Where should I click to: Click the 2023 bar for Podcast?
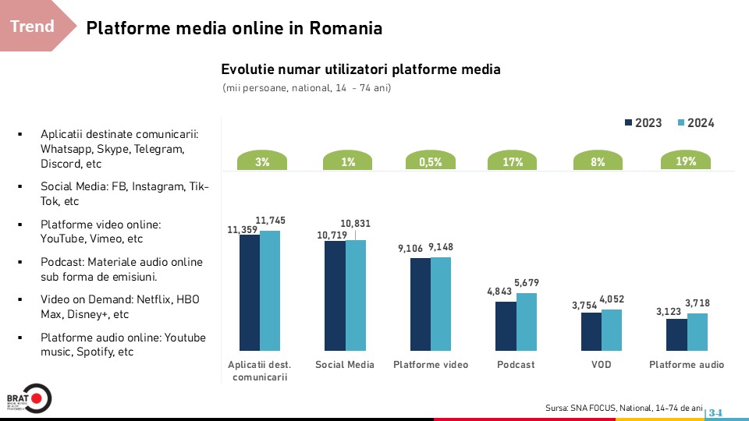pyautogui.click(x=506, y=326)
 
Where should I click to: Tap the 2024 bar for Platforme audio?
pyautogui.click(x=697, y=332)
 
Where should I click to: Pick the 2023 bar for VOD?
pyautogui.click(x=591, y=331)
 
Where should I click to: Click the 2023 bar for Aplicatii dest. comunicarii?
pyautogui.click(x=250, y=292)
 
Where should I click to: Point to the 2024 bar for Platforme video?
pyautogui.click(x=441, y=303)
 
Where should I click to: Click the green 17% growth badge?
pyautogui.click(x=513, y=162)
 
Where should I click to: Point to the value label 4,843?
pyautogui.click(x=499, y=292)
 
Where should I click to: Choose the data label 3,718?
pyautogui.click(x=697, y=303)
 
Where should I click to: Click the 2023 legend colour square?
pyautogui.click(x=629, y=123)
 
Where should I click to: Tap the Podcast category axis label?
pyautogui.click(x=516, y=365)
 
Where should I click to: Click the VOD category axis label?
pyautogui.click(x=601, y=365)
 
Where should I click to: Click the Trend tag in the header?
pyautogui.click(x=33, y=27)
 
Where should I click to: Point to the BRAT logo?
pyautogui.click(x=29, y=398)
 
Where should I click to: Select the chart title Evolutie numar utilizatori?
pyautogui.click(x=360, y=69)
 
